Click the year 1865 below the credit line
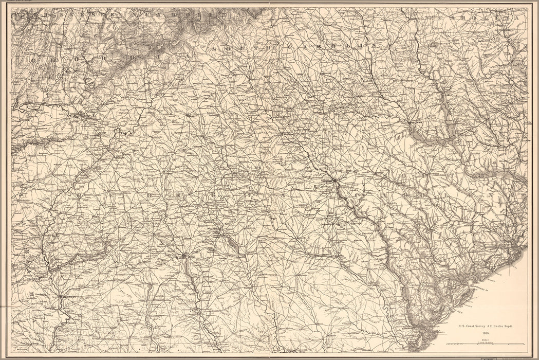[486, 333]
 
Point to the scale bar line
[486, 344]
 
